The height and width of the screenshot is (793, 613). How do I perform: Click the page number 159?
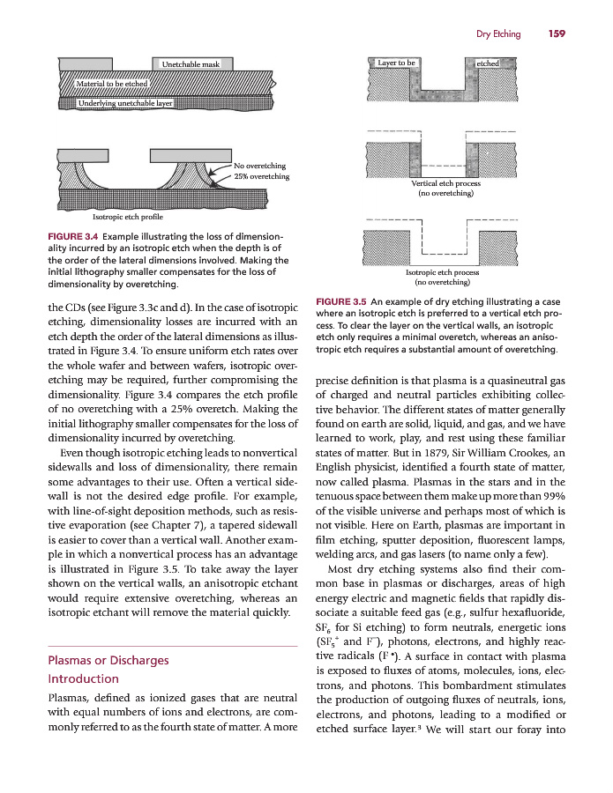(555, 34)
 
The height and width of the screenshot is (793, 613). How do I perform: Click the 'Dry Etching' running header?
(498, 34)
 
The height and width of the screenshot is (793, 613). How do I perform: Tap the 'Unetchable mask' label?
(191, 64)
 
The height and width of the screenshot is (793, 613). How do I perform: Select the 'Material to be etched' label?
(112, 83)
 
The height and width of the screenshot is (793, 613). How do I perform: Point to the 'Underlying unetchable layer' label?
(125, 103)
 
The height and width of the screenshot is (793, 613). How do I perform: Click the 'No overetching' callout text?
(260, 165)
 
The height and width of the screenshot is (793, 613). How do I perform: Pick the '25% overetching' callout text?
(262, 176)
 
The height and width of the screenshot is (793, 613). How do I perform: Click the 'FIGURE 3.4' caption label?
(67, 237)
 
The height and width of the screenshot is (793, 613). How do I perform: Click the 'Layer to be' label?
(396, 63)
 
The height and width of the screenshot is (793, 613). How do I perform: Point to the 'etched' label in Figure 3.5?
(487, 63)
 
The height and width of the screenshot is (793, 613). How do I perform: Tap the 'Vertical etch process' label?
(445, 183)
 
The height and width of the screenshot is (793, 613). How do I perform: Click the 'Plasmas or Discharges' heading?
(107, 660)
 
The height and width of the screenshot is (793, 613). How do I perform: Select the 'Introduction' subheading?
(83, 678)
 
